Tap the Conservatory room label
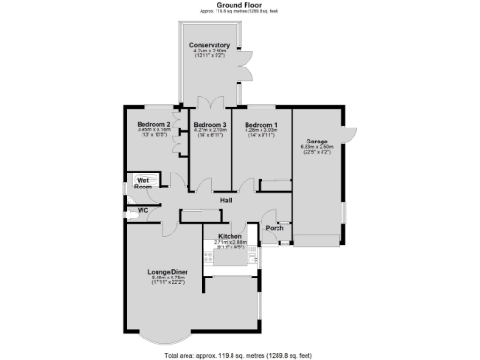208,45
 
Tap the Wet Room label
143,182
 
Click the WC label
143,211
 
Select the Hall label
226,200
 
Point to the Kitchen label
230,236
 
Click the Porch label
275,228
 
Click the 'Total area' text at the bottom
239,355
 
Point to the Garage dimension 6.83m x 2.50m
317,146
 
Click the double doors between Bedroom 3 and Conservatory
210,101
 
